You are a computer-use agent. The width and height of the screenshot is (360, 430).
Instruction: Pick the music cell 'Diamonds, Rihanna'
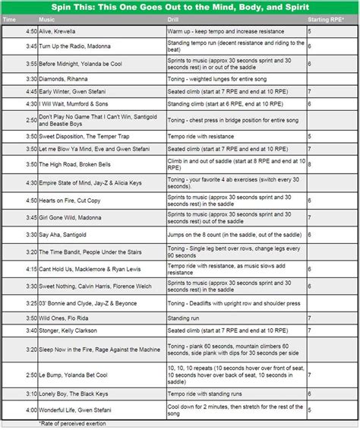[62, 77]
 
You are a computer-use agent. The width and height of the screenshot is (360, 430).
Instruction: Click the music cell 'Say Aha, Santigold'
[61, 236]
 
